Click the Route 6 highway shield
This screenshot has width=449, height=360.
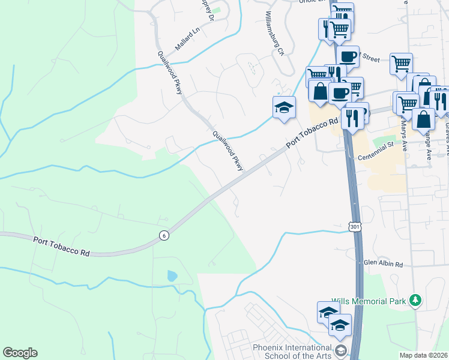(x=164, y=236)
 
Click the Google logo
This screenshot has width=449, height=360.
(x=20, y=353)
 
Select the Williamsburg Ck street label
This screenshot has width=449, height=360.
(x=274, y=34)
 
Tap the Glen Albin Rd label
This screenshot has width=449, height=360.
(x=383, y=263)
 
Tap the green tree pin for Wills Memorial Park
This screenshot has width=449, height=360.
(x=414, y=299)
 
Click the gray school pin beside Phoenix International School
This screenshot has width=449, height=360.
(x=341, y=350)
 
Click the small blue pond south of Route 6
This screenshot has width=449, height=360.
(x=172, y=276)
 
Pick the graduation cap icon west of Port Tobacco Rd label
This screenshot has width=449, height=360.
(x=284, y=108)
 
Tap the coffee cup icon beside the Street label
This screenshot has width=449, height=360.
(x=348, y=57)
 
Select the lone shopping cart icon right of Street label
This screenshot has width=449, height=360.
(x=400, y=63)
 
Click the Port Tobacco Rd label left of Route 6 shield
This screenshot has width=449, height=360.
(x=61, y=247)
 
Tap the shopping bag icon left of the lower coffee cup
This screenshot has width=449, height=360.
(x=320, y=91)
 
